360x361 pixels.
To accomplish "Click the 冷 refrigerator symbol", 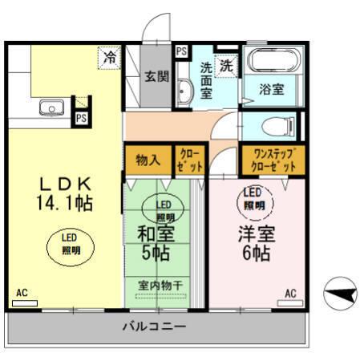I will coord(108,57).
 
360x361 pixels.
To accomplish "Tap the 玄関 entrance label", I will coord(156,77).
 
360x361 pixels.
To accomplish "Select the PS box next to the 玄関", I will coord(181,52).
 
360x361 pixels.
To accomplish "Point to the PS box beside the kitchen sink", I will coord(81,117).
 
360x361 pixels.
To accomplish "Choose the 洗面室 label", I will coord(206,81).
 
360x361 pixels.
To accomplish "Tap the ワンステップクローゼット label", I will coord(274,159).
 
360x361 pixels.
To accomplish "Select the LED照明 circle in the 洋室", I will coord(253,200).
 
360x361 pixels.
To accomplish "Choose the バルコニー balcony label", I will coord(154,327).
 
